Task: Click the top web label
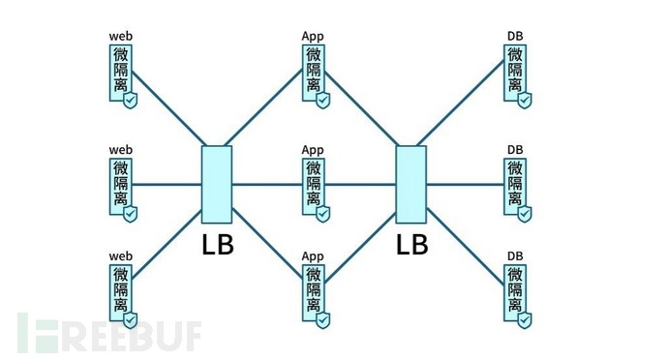pos(120,37)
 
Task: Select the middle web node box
pos(121,184)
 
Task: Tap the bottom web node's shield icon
pos(130,319)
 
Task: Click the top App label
pos(313,37)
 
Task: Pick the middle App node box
pos(314,184)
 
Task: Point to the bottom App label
pos(313,256)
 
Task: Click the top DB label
pos(515,37)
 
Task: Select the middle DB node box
pos(515,184)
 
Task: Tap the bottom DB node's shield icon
pos(525,319)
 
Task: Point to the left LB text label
pos(218,245)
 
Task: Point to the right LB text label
pos(411,245)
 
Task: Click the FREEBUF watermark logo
pos(106,333)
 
